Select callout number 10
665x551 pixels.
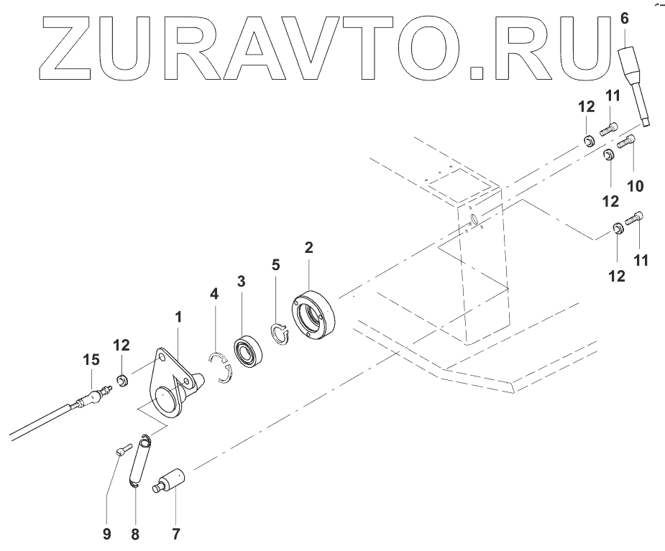[x=635, y=186]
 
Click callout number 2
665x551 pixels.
[x=308, y=249]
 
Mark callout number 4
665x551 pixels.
[x=214, y=294]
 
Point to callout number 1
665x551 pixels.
[x=178, y=316]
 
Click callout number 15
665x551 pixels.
[x=91, y=359]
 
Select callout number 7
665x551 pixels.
[x=175, y=534]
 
